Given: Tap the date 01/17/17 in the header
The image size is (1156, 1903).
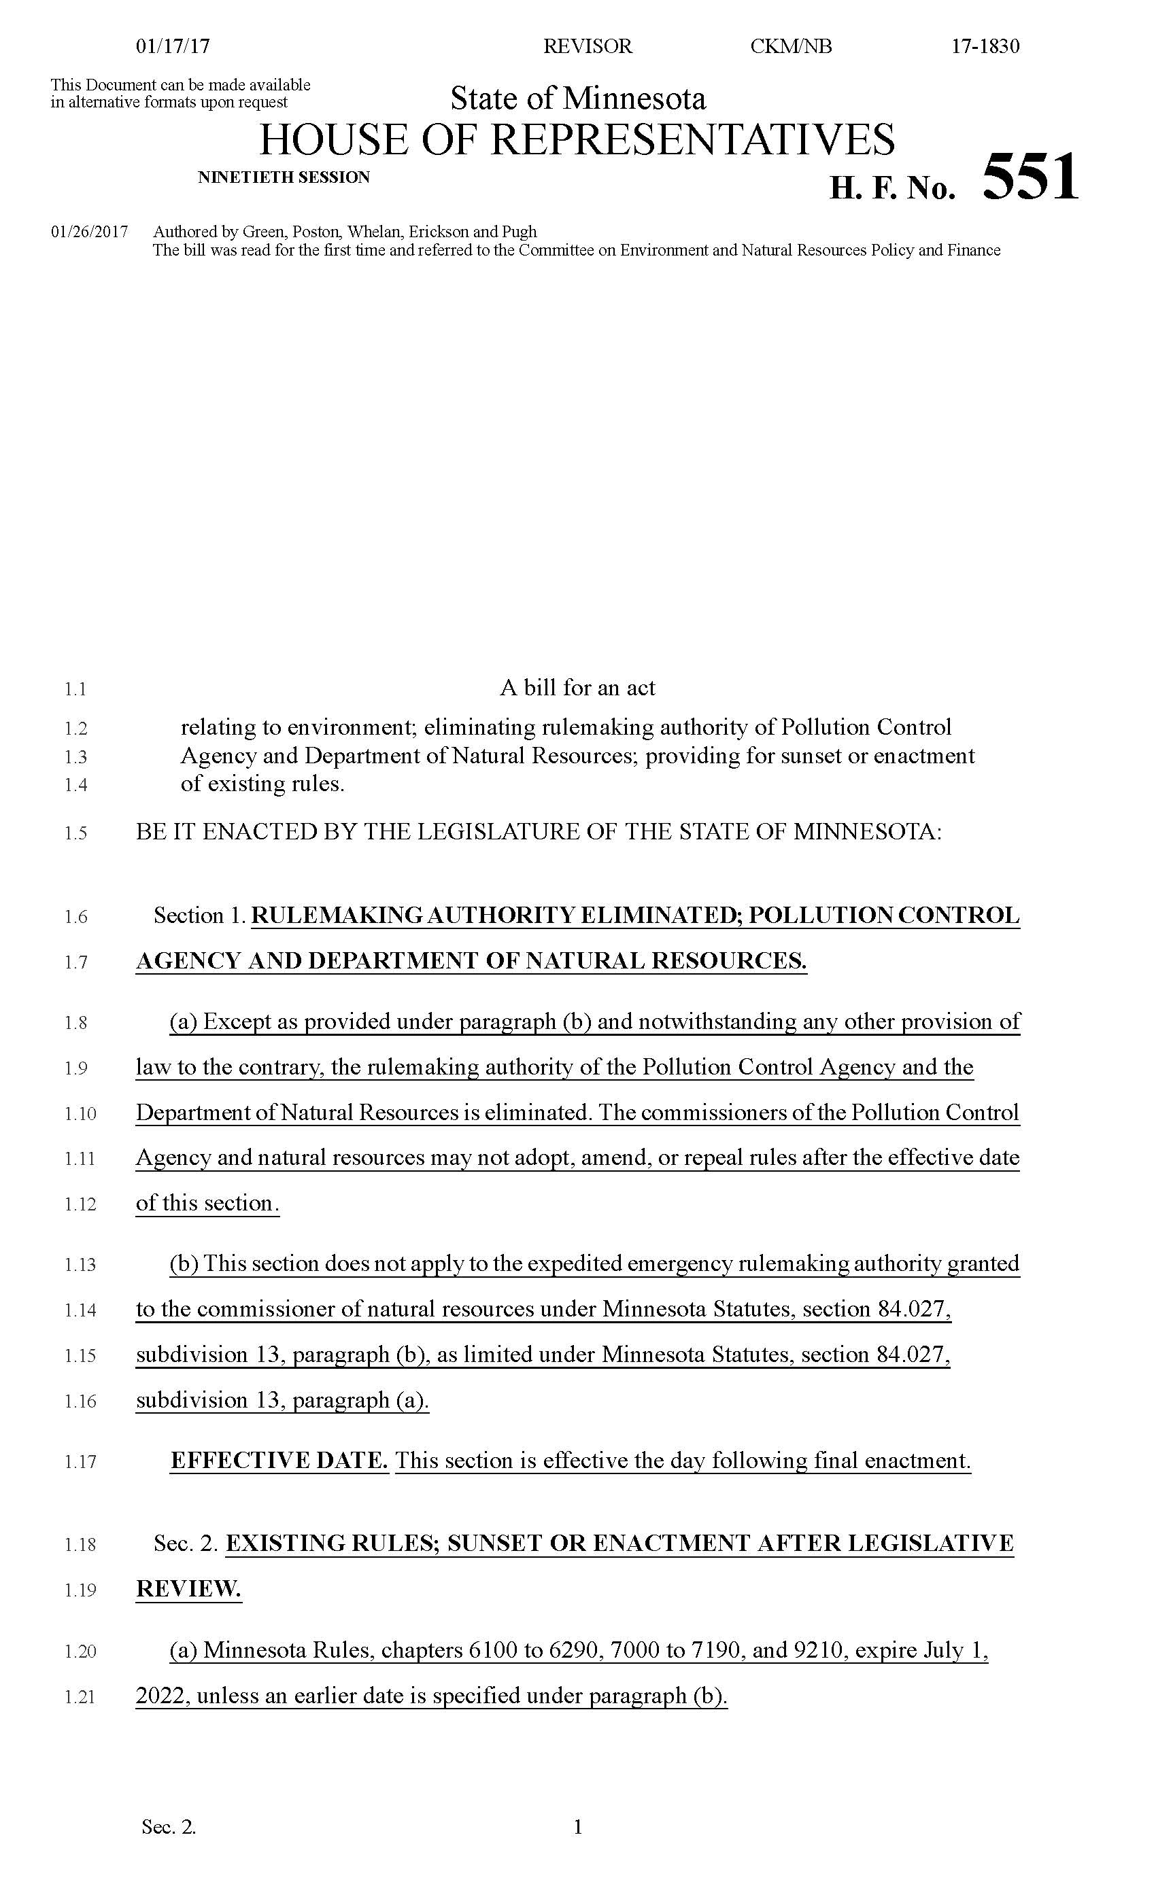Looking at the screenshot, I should [173, 46].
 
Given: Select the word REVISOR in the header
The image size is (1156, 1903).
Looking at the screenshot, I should [588, 46].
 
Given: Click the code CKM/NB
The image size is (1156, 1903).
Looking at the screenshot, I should [790, 46].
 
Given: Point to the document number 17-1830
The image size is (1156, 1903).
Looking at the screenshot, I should [985, 46].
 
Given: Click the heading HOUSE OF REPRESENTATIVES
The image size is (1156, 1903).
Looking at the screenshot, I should [577, 139].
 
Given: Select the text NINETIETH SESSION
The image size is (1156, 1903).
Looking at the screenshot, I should [284, 177].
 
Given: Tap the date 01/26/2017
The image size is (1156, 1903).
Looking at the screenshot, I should [90, 232].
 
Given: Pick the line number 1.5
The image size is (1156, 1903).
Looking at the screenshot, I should [75, 833].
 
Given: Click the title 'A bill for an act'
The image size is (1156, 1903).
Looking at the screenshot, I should [577, 687].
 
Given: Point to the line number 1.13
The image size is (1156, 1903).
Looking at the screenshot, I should [80, 1265].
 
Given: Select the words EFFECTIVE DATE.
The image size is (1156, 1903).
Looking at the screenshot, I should [279, 1461].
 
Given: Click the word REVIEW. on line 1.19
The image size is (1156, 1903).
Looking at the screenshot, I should [188, 1589].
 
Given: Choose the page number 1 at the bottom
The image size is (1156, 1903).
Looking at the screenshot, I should [577, 1827].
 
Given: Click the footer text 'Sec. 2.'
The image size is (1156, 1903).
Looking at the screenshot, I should [169, 1828].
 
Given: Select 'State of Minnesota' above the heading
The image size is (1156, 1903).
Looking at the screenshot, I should [578, 99].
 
